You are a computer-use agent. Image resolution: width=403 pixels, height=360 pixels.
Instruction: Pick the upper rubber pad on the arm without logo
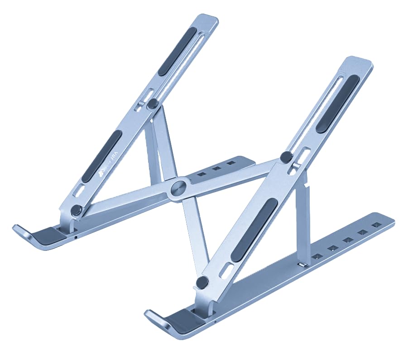click(x=338, y=103)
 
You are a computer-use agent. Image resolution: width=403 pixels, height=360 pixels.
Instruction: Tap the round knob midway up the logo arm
click(x=153, y=103)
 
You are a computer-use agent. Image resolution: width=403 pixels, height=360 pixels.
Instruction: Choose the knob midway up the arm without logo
click(x=286, y=157)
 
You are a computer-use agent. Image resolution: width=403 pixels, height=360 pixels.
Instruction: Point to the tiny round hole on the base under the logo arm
click(x=75, y=236)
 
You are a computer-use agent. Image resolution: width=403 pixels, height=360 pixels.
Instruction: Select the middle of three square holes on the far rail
click(x=217, y=168)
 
